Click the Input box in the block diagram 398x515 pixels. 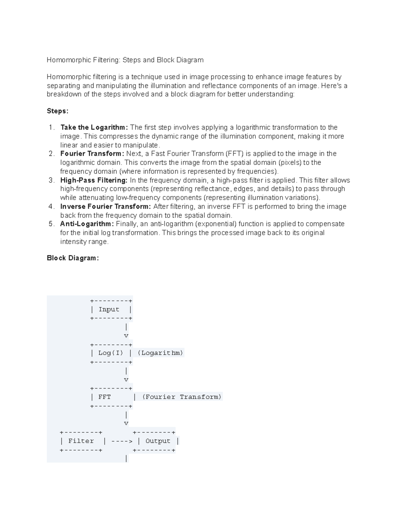click(x=111, y=309)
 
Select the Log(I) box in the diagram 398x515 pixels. click(x=111, y=353)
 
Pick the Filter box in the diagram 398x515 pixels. click(x=81, y=441)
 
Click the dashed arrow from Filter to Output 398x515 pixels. click(x=122, y=441)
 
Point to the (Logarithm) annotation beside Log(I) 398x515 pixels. click(x=160, y=353)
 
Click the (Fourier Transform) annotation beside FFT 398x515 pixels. click(x=182, y=397)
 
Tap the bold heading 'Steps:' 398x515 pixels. click(x=58, y=111)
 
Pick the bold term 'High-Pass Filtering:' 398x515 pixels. click(x=94, y=180)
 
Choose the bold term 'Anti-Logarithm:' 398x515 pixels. click(x=87, y=224)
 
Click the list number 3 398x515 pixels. click(x=51, y=180)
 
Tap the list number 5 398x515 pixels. click(x=51, y=224)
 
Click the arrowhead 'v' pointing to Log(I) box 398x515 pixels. click(x=126, y=336)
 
